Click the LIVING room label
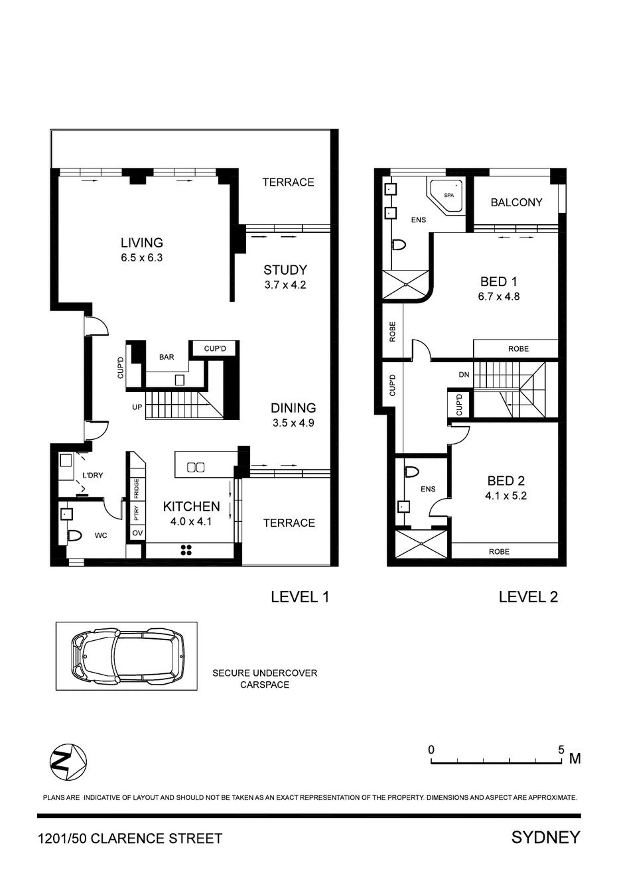tap(142, 243)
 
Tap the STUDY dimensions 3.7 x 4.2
tap(285, 285)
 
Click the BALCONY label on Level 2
tap(516, 202)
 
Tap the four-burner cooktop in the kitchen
tap(186, 550)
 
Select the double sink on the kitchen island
tap(196, 467)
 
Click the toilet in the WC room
tap(75, 536)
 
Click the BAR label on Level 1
tap(167, 357)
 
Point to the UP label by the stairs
tap(137, 407)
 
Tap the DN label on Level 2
tap(464, 374)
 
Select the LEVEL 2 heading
tap(528, 597)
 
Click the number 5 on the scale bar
tap(561, 750)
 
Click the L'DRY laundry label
tap(93, 475)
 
